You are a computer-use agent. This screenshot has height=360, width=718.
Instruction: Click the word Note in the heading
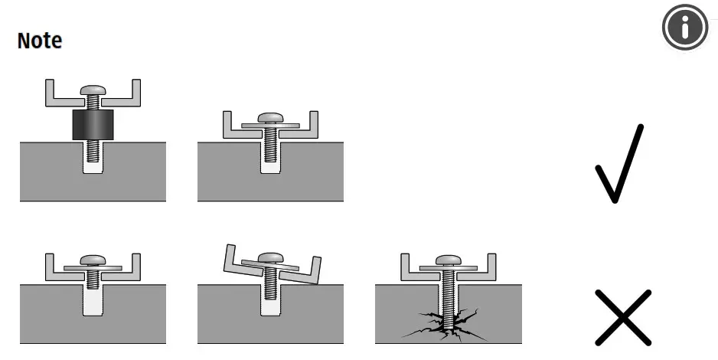pos(40,41)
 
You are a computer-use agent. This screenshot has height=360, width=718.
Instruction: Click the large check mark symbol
pos(618,165)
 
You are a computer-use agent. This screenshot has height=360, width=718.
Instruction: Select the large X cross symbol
pos(623,316)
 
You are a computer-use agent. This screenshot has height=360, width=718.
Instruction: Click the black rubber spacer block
pos(93,125)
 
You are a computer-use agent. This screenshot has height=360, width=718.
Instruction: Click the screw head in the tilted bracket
pos(269,258)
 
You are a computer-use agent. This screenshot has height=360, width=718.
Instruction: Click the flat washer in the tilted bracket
pos(269,267)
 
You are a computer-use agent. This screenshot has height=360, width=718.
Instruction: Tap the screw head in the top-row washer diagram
pos(270,117)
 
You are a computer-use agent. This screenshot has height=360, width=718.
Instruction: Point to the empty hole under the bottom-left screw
pos(93,303)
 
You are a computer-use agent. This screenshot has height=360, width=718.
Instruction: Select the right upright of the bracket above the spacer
pos(136,90)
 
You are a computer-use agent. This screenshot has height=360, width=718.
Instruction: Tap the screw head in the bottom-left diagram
pos(93,260)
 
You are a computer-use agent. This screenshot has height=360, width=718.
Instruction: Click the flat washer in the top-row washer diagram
pos(270,124)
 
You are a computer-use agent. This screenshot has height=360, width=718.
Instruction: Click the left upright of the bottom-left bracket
pos(49,264)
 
